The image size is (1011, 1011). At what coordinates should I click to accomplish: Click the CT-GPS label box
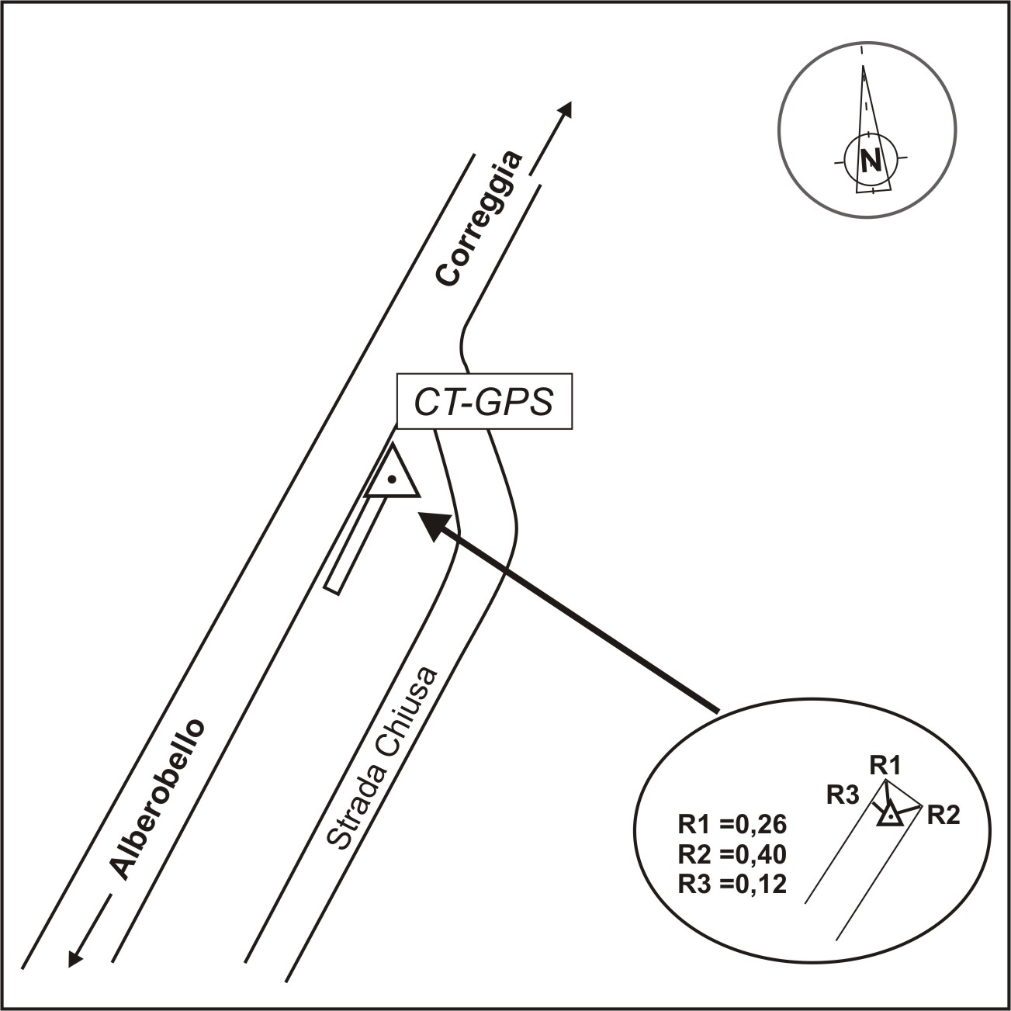[484, 402]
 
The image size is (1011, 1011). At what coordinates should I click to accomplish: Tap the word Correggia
[479, 220]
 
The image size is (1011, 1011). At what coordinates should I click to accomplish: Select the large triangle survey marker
[393, 474]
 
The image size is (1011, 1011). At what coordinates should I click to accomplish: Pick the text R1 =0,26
[732, 823]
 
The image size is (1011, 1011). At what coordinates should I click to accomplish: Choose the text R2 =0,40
[732, 853]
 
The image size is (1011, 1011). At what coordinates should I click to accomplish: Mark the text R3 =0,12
[732, 884]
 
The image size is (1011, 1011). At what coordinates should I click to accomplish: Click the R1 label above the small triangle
[885, 765]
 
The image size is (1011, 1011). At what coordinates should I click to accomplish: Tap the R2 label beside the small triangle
[943, 815]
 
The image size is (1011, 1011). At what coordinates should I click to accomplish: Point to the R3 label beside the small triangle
[843, 795]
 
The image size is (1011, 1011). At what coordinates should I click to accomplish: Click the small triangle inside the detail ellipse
[891, 815]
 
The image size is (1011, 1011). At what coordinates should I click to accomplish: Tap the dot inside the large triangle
[393, 480]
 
